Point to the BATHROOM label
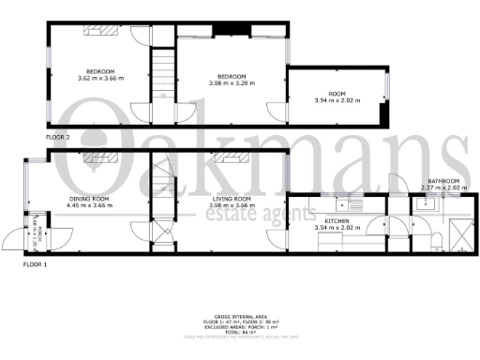coord(443,181)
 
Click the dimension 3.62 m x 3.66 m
coord(100,79)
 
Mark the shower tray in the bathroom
coord(461,231)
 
